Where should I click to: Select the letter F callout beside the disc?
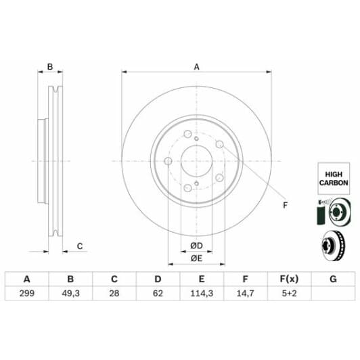pyautogui.click(x=284, y=205)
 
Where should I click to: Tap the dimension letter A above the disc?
pyautogui.click(x=197, y=66)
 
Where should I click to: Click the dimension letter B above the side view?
pyautogui.click(x=49, y=66)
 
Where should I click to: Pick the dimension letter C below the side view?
pyautogui.click(x=79, y=246)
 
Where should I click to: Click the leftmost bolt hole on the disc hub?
pyautogui.click(x=168, y=161)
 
